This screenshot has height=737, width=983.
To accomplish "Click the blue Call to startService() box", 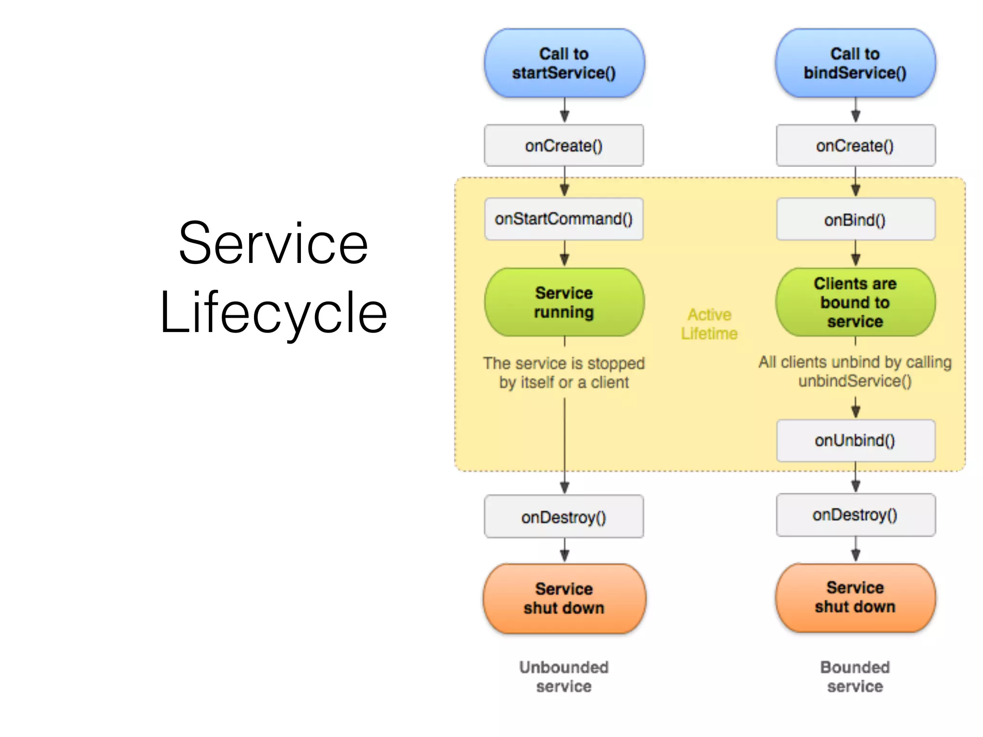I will tap(564, 63).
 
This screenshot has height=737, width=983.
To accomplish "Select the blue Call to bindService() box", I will tap(855, 63).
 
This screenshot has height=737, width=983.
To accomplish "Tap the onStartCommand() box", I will tap(564, 219).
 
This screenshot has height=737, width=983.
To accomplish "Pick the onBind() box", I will tap(855, 220).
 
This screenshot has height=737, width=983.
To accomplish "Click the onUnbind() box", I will tap(855, 440).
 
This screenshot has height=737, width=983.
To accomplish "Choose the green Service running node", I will tap(564, 302).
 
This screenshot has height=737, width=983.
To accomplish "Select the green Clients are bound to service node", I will tap(855, 302).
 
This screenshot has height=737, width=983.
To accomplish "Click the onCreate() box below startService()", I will tap(564, 145).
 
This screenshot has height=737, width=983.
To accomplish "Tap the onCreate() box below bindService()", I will tap(855, 145).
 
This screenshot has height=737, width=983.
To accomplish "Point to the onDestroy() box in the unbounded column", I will tap(564, 517).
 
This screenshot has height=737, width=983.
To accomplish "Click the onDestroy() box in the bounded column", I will tap(855, 515).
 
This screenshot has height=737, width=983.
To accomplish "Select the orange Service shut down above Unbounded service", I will tap(564, 598).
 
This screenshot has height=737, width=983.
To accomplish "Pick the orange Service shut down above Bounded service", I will tap(855, 597).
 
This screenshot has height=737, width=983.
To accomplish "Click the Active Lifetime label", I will tap(709, 324).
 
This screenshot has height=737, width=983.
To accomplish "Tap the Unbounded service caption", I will tap(564, 677).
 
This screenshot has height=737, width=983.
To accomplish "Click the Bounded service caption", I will tap(855, 677).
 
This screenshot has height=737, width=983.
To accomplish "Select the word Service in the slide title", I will tap(274, 244).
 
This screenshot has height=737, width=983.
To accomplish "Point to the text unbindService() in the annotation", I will tap(855, 381).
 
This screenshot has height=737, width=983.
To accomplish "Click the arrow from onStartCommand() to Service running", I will tap(564, 253).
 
